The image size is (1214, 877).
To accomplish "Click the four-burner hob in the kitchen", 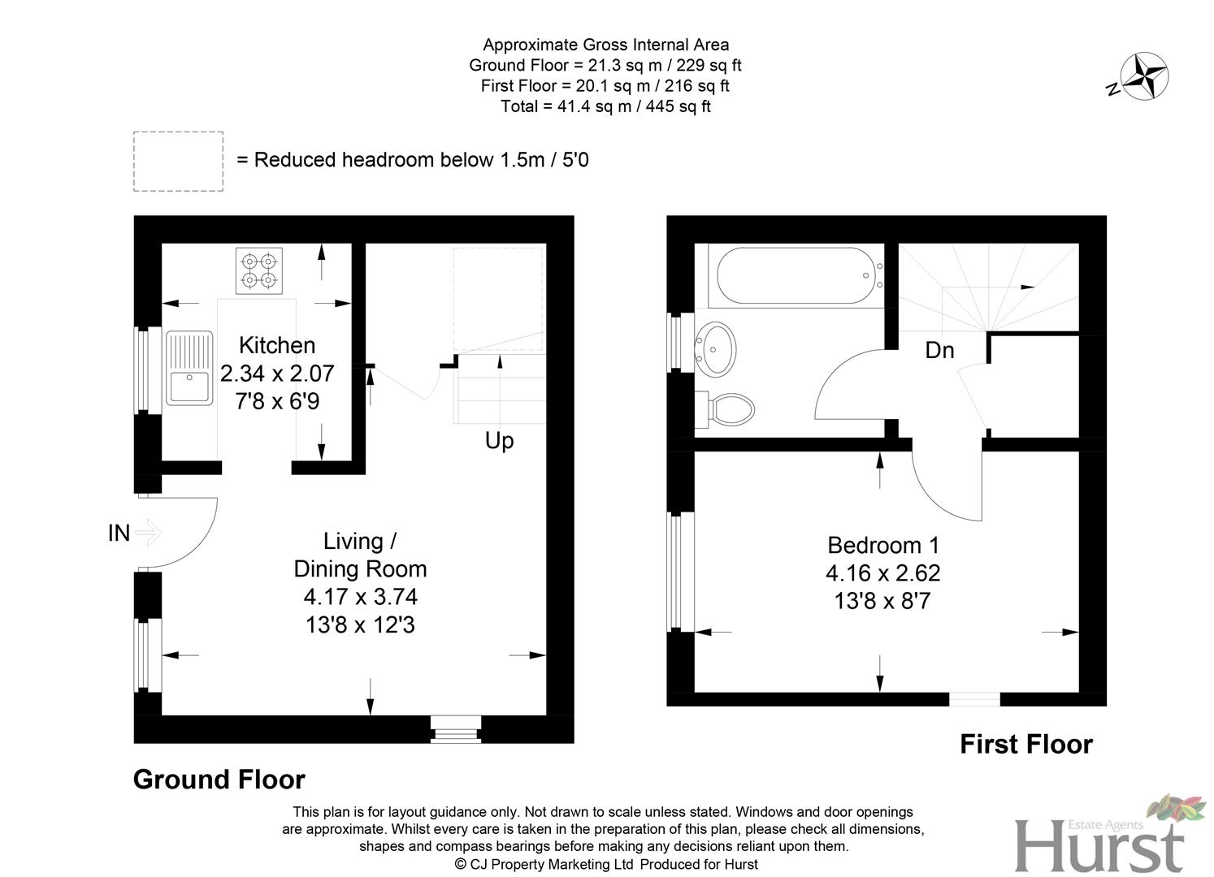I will coord(259,270).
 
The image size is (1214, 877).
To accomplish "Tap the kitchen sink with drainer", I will coord(189,367).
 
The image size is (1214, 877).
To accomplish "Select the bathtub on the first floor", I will coord(791,276).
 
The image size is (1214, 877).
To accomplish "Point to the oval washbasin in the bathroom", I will coord(716,348).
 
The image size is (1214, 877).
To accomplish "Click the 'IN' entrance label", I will coord(119,533).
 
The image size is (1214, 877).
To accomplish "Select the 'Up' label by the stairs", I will coord(499,441).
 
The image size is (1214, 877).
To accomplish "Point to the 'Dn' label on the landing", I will coord(939,350).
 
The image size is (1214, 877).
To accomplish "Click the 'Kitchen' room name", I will coord(277,345).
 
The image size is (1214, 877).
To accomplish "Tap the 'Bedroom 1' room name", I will coord(882,545).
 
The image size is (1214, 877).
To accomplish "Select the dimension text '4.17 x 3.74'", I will coord(360,597).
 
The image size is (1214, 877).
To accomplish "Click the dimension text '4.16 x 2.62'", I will coord(882,573).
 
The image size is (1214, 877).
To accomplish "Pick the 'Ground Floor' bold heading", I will coord(219,780).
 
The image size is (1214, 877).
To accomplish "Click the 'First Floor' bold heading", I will coord(1025,745).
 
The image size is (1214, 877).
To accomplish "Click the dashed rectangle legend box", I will coord(178,162).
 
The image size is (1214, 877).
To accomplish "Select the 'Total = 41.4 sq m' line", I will coord(605,106).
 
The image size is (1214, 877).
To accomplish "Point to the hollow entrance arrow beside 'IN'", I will coord(149,534).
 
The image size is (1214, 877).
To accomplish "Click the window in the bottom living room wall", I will coord(456,728).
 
